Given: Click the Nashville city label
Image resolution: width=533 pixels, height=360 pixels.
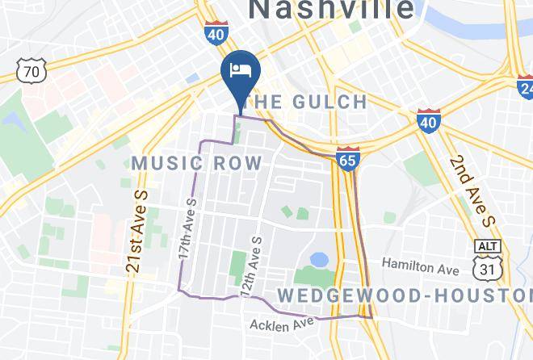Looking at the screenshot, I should click(331, 9).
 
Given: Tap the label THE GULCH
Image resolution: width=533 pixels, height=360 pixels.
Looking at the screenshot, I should click(307, 102).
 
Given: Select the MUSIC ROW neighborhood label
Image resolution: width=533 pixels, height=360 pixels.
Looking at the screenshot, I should click(196, 163).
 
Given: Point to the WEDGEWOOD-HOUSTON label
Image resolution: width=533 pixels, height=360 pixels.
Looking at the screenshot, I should click(404, 295).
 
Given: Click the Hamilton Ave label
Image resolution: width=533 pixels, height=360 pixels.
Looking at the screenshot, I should click(420, 264).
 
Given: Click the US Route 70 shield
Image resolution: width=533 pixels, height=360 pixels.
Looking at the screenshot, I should click(31, 72).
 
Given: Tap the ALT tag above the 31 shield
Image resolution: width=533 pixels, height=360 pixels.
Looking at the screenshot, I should click(489, 245).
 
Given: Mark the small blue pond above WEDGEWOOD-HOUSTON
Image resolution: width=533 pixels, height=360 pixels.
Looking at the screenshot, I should click(319, 260).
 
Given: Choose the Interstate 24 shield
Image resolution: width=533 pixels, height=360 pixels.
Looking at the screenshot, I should click(526, 86).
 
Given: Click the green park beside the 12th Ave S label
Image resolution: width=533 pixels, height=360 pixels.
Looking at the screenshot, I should click(237, 263).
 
